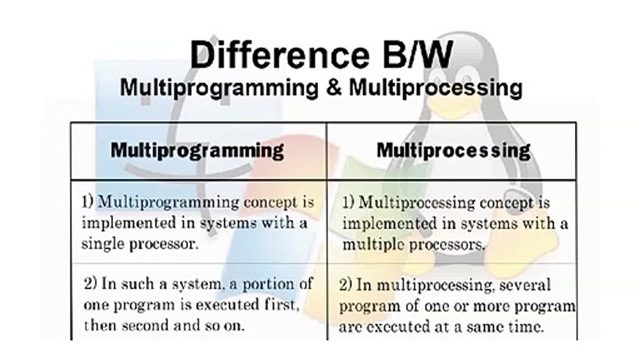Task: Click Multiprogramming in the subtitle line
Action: coord(219,88)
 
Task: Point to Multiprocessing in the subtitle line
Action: coord(435,88)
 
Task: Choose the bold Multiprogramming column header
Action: coord(197,150)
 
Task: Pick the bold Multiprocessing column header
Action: coord(453,150)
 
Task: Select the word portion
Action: coord(268,284)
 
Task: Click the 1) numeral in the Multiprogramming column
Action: coord(88,202)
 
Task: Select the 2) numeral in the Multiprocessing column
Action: coord(346,285)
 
